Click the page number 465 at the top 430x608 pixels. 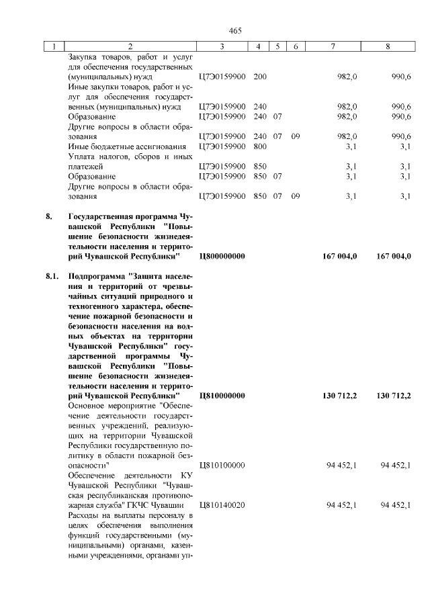234,31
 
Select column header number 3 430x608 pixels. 222,47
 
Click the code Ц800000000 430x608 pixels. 222,256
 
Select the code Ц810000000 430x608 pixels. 222,396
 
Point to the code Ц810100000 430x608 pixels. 222,465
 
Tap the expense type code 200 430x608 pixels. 260,77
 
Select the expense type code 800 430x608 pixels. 260,146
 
